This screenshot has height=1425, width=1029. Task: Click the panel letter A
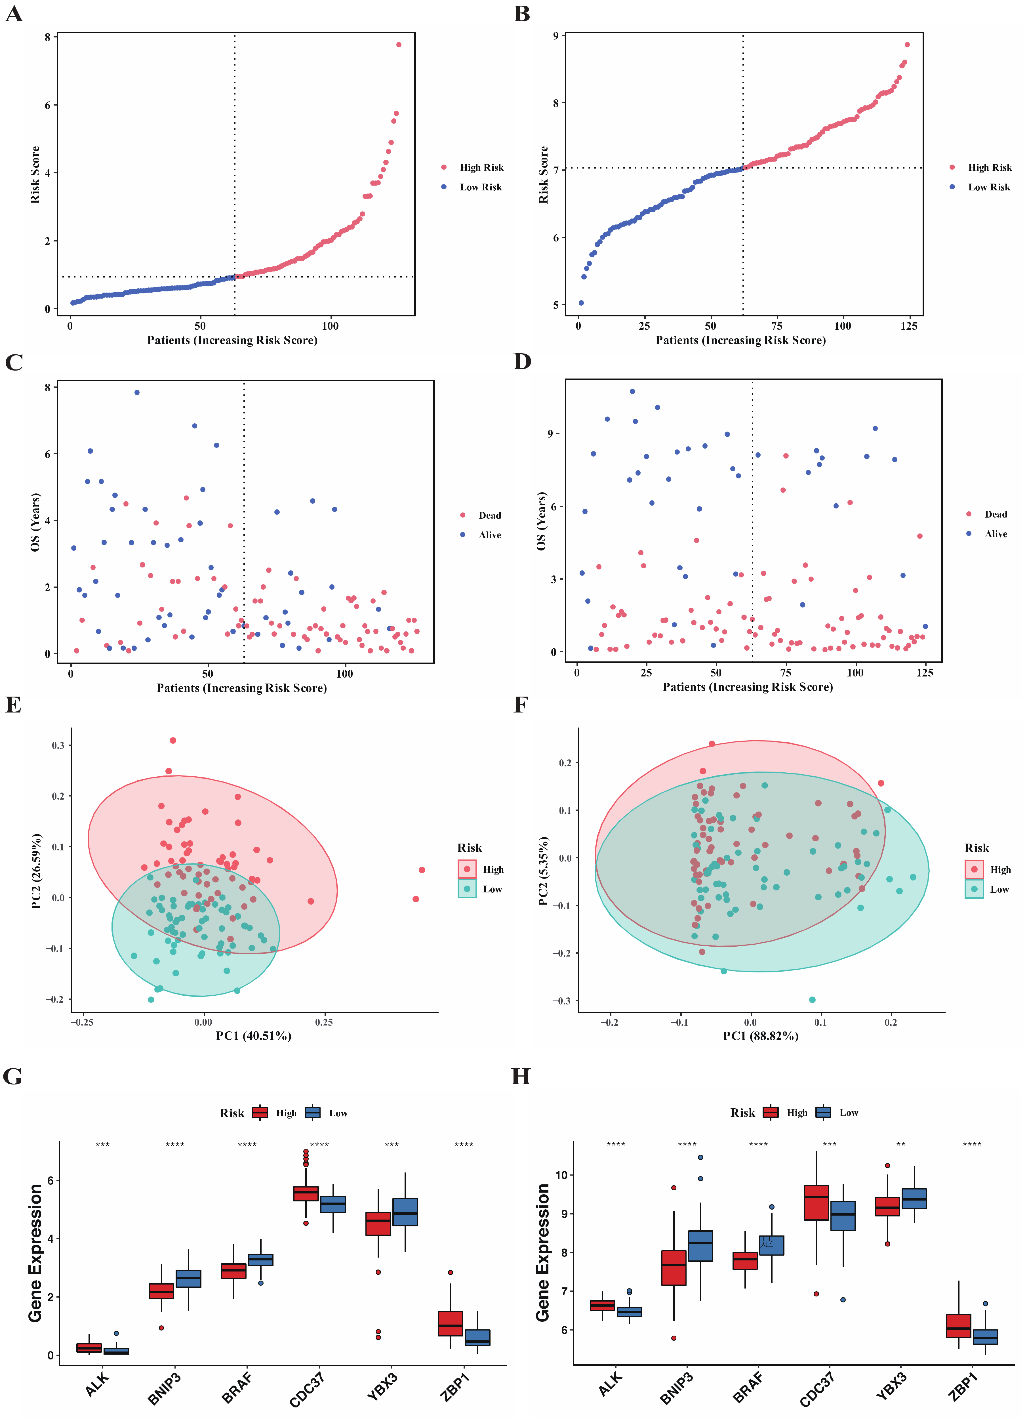14,14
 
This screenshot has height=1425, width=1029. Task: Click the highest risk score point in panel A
398,45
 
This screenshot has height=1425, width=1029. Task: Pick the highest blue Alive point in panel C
137,393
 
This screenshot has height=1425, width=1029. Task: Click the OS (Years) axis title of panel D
541,522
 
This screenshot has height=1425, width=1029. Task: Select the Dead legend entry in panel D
995,514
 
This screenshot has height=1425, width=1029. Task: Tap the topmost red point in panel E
173,740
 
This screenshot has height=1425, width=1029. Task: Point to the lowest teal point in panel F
812,1000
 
